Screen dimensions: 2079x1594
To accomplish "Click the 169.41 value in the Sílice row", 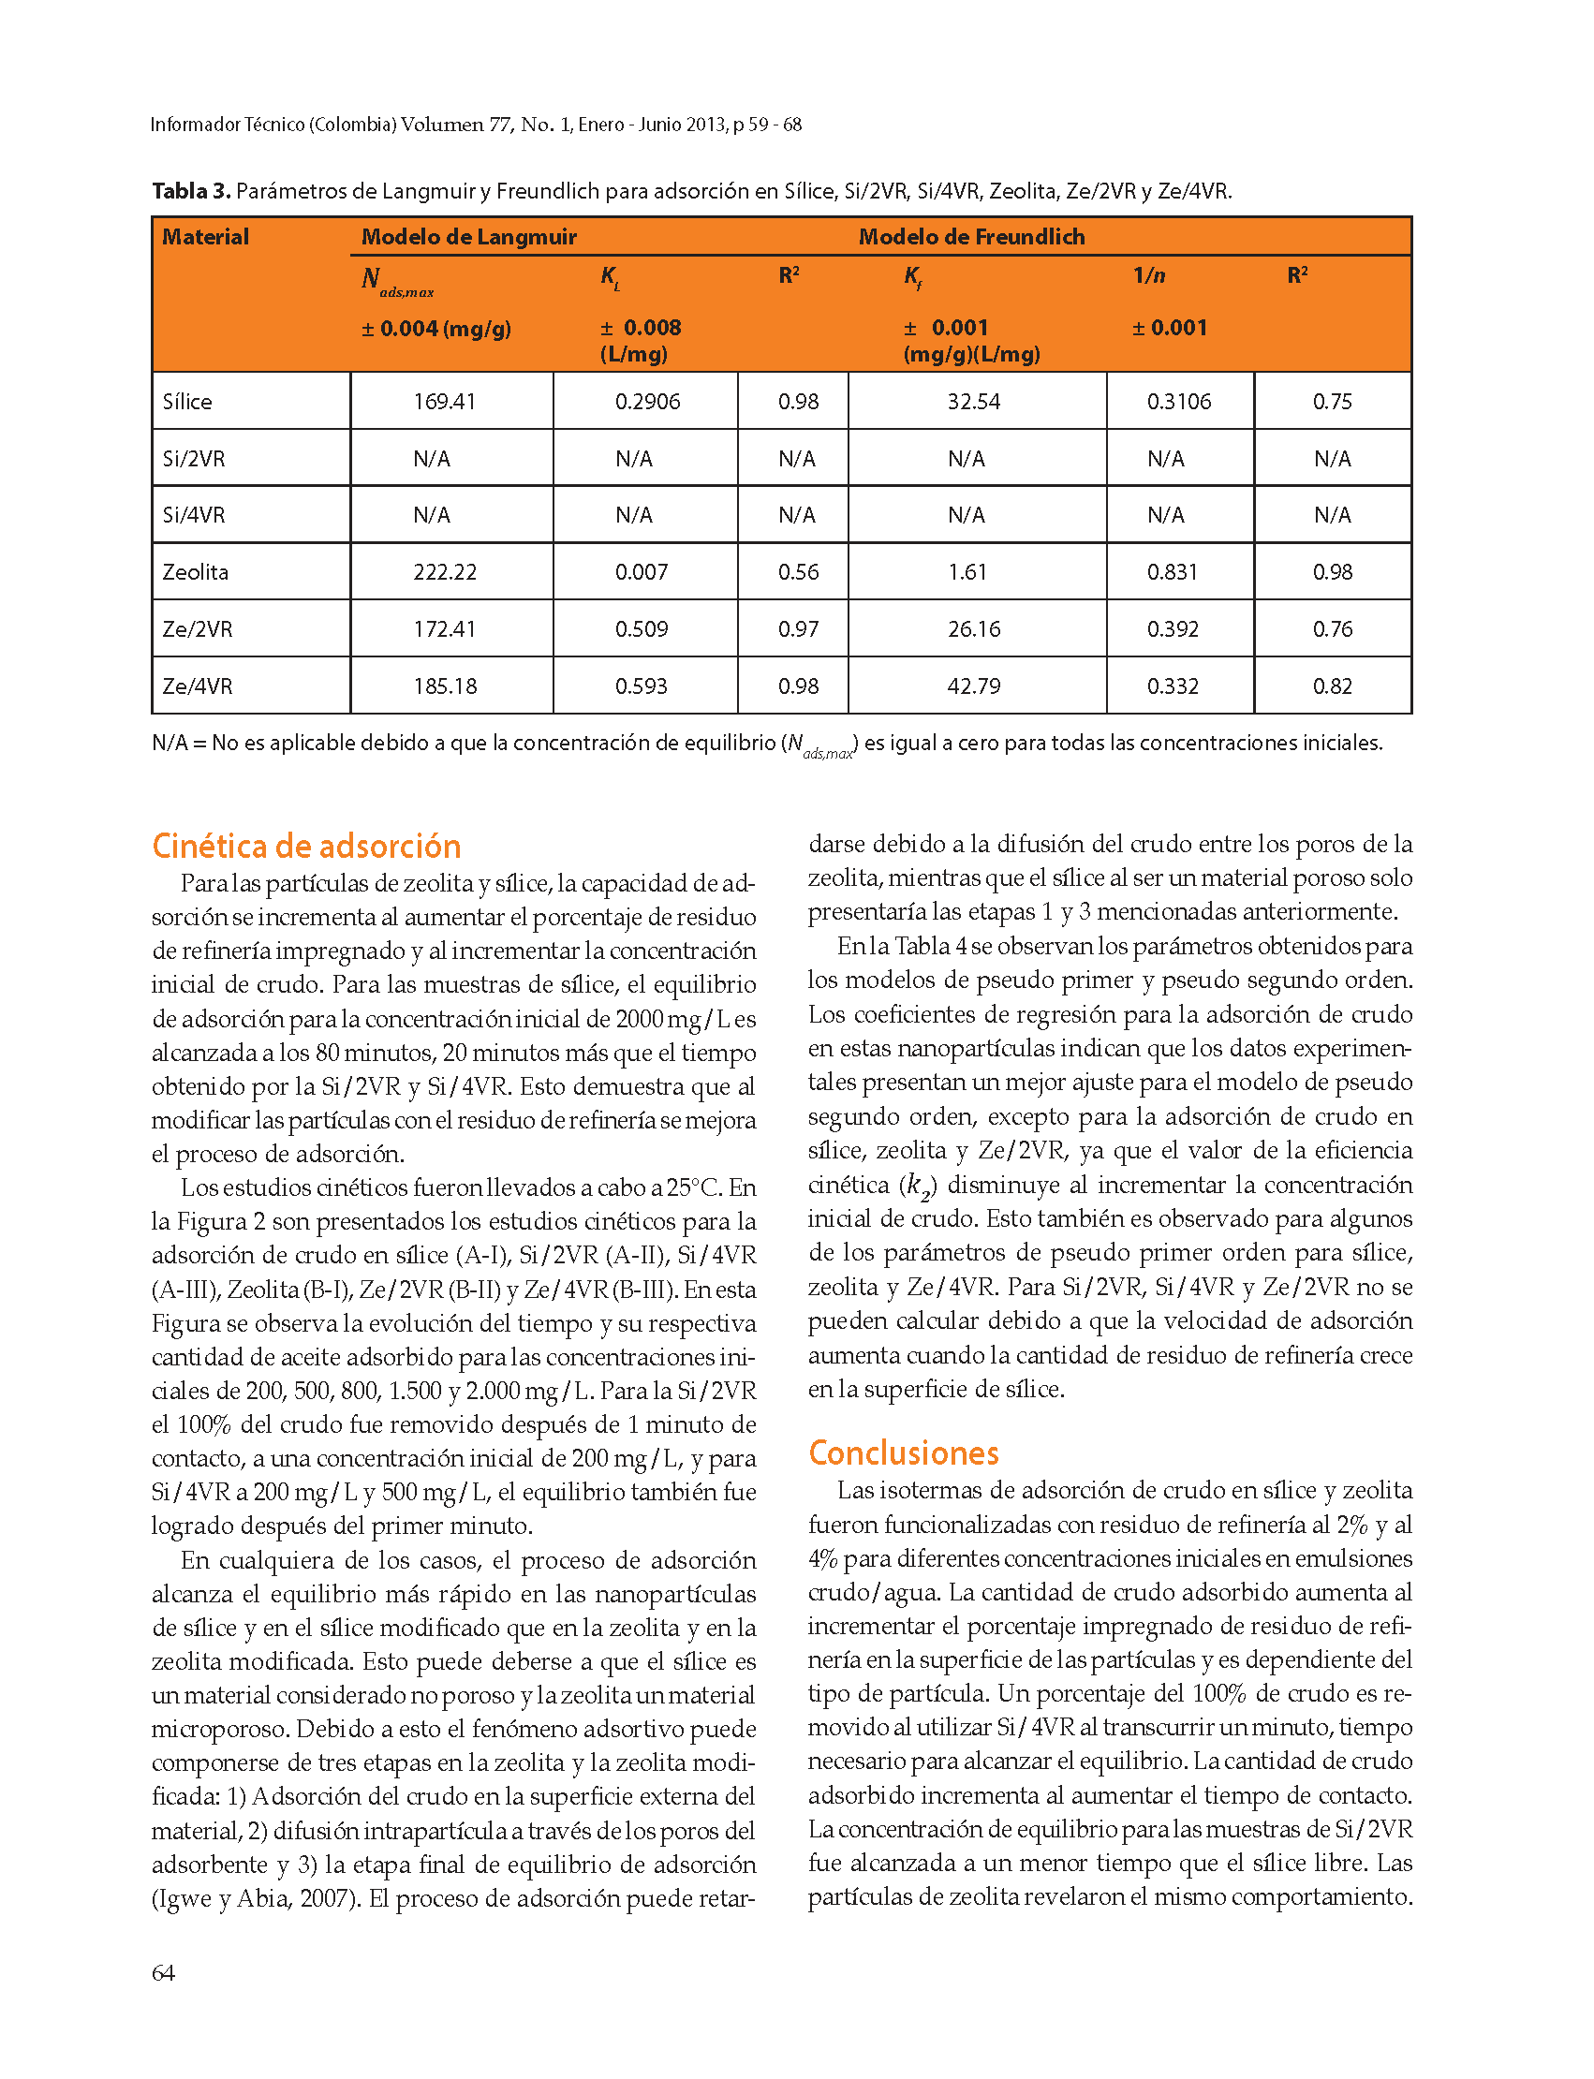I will coord(444,402).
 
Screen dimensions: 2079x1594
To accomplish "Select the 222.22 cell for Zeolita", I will coord(444,572).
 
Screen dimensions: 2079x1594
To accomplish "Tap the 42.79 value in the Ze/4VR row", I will coord(973,686).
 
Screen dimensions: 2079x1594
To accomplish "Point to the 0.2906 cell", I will coord(647,402).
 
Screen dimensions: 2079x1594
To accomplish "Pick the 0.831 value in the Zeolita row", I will coord(1172,572).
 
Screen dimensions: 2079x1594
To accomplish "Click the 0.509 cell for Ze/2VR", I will coord(642,629).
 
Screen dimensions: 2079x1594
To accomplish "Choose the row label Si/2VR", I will coord(194,458).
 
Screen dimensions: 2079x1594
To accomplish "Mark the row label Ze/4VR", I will coord(198,686).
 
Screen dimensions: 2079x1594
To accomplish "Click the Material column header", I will coord(205,236).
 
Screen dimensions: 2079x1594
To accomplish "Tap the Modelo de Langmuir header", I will coord(468,236).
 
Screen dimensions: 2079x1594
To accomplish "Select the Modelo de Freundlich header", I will coord(971,236).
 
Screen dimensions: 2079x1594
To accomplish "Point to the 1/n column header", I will coord(1149,275).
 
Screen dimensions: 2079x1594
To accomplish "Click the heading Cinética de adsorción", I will coord(305,846).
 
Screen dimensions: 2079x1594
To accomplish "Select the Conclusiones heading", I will coord(903,1452).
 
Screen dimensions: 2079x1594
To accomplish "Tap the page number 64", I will coord(163,1973).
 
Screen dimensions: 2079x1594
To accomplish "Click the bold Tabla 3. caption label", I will coord(191,191).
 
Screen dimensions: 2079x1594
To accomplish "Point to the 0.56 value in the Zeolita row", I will coord(798,572).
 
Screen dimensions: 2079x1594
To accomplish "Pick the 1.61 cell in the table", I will coord(967,572).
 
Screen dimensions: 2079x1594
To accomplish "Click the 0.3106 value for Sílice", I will coord(1178,402).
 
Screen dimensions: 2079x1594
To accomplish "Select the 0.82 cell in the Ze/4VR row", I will coord(1332,686).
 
